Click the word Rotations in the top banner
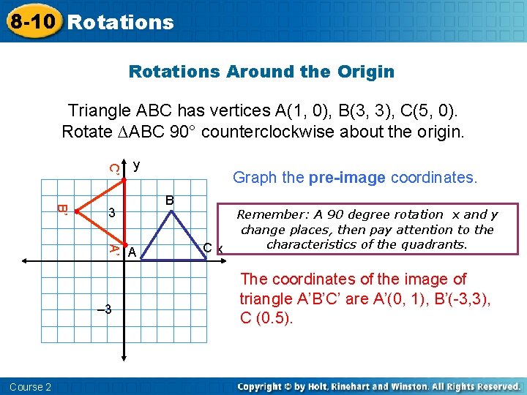(120, 22)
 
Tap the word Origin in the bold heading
(366, 72)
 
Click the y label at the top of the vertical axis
(136, 165)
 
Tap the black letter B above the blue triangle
(169, 200)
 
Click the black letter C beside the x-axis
(208, 248)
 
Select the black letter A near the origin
(132, 252)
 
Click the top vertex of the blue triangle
(171, 211)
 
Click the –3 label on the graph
(104, 309)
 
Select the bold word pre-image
(348, 178)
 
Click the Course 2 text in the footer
(31, 386)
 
